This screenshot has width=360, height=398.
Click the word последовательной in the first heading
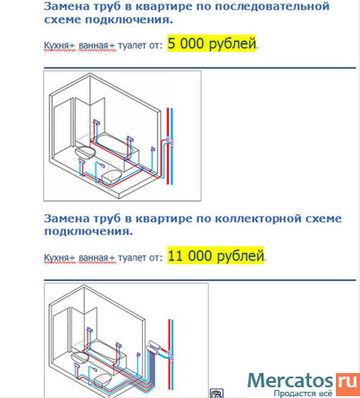(x=272, y=6)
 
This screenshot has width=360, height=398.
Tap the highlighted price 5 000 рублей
(x=212, y=44)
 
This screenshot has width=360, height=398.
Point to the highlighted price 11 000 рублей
(x=215, y=255)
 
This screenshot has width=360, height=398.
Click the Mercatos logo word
(x=290, y=381)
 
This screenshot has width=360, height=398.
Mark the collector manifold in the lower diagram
(x=154, y=346)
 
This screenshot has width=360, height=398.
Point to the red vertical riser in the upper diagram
(x=168, y=145)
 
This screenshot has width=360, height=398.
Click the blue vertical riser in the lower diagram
(x=172, y=354)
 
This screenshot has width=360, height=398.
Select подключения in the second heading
(x=88, y=232)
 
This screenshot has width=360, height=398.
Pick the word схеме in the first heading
(x=63, y=20)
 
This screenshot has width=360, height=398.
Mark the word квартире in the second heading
(x=164, y=219)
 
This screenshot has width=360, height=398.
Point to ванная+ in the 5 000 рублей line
(x=96, y=46)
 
